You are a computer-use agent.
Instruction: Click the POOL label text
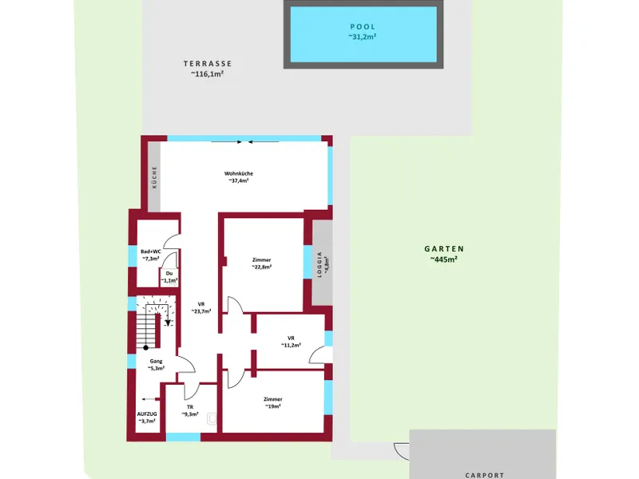point(363,27)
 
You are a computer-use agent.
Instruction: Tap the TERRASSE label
point(208,64)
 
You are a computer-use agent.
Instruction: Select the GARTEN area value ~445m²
point(444,259)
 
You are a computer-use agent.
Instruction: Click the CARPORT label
point(485,475)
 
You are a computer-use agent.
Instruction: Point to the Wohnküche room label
point(239,173)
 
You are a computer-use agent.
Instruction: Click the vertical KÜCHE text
point(154,176)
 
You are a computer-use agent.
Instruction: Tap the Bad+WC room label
point(151,251)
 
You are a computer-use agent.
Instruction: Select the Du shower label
point(169,273)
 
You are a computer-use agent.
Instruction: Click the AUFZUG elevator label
point(147,414)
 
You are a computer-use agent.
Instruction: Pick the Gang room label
point(156,361)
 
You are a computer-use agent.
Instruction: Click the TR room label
point(190,407)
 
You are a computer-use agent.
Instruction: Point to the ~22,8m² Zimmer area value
point(262,267)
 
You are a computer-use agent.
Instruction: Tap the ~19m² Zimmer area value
point(272,406)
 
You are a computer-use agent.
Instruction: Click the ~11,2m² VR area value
point(291,346)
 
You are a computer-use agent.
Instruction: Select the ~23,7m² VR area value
point(201,311)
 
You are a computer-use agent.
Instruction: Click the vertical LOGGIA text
point(319,265)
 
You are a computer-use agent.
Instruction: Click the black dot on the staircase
point(146,347)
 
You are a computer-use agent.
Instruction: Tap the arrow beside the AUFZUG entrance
point(150,399)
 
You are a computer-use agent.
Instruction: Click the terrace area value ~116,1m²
point(208,74)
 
